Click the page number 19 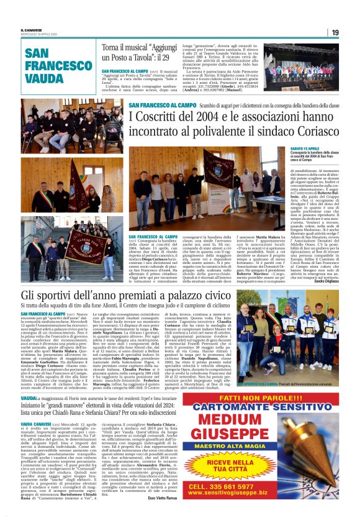coord(335,32)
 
